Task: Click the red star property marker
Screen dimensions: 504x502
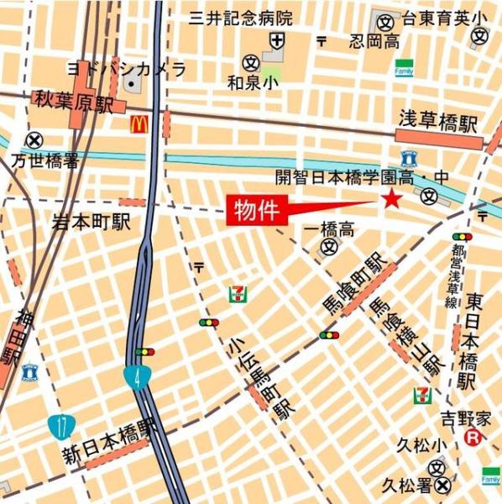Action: tap(391, 198)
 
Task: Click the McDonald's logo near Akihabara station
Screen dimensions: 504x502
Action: tap(139, 125)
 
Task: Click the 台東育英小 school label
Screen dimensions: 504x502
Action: tap(444, 18)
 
